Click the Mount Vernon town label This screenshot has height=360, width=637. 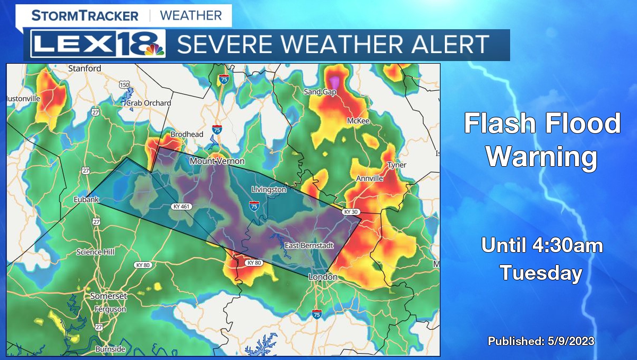(217, 161)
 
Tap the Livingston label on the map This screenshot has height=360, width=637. (269, 190)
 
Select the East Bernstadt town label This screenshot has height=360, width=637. (309, 245)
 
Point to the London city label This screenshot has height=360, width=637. (323, 277)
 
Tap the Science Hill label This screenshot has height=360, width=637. (96, 252)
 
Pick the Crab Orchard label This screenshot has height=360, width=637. (149, 103)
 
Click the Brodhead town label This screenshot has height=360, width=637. (186, 134)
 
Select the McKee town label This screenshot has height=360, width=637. (358, 121)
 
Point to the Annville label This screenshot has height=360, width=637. (369, 178)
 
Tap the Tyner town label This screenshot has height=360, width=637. (397, 165)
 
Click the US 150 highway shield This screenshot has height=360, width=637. (124, 85)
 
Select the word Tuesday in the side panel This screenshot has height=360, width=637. (541, 273)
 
